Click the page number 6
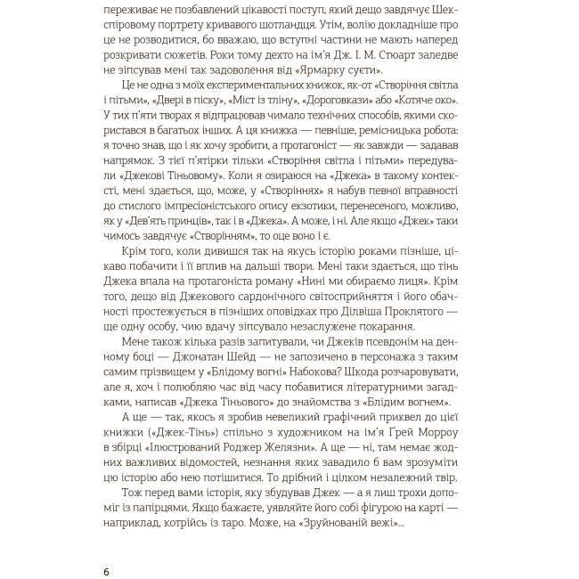coord(106,571)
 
